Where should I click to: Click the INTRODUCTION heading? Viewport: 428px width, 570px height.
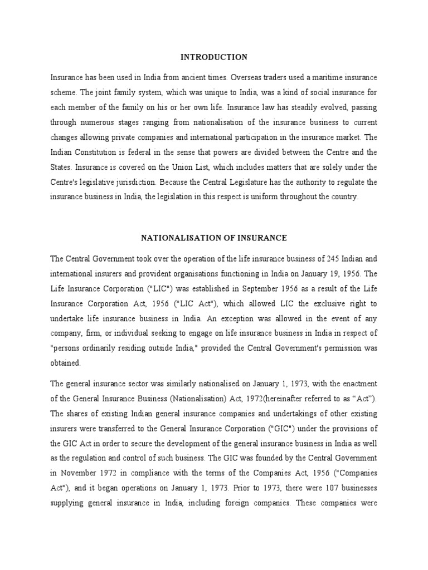click(x=213, y=57)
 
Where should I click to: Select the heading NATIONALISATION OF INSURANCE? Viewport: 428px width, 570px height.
click(x=213, y=238)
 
